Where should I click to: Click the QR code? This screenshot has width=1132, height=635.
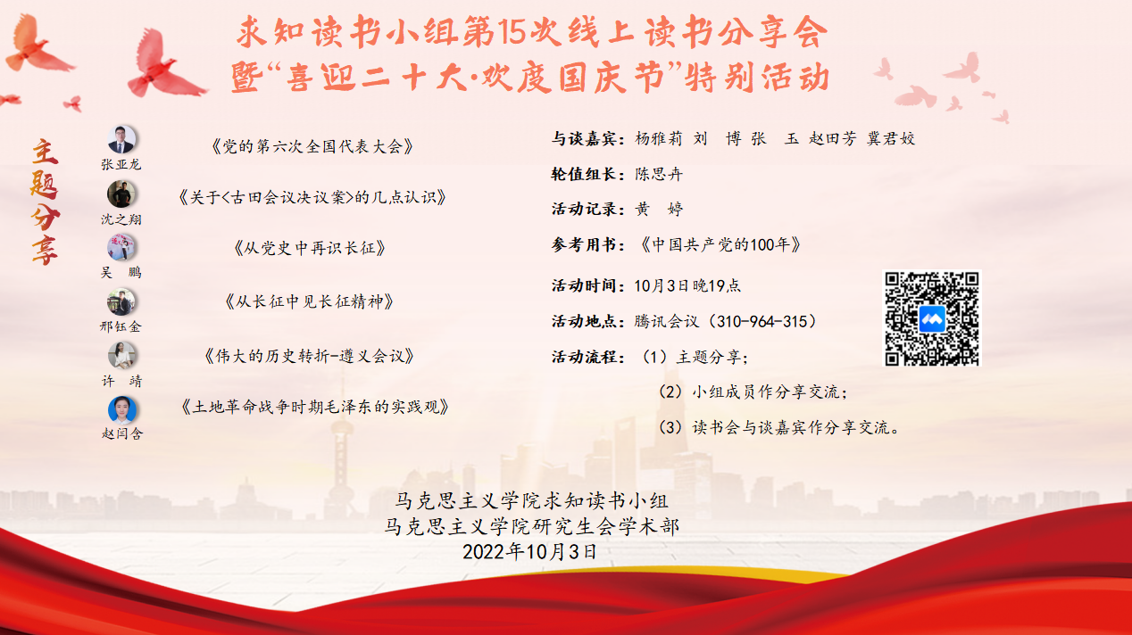click(x=932, y=318)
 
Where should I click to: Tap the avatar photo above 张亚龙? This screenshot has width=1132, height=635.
click(x=121, y=139)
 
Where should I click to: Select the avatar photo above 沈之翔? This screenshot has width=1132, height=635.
click(x=121, y=194)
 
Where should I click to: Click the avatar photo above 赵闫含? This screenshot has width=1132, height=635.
click(x=121, y=409)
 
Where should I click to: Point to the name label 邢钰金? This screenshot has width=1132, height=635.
click(x=121, y=326)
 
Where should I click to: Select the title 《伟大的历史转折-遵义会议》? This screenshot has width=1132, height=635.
click(x=310, y=356)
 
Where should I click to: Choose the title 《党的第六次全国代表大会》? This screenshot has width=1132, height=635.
click(x=312, y=146)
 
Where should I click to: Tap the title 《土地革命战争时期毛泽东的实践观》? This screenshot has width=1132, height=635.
click(x=314, y=407)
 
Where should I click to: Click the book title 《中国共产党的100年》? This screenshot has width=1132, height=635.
click(x=720, y=244)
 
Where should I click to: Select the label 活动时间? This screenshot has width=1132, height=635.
click(x=586, y=285)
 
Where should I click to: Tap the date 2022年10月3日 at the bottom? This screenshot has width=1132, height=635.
click(x=529, y=551)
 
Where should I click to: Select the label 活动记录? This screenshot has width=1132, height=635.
click(x=586, y=210)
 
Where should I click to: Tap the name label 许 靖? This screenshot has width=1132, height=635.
click(x=121, y=381)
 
